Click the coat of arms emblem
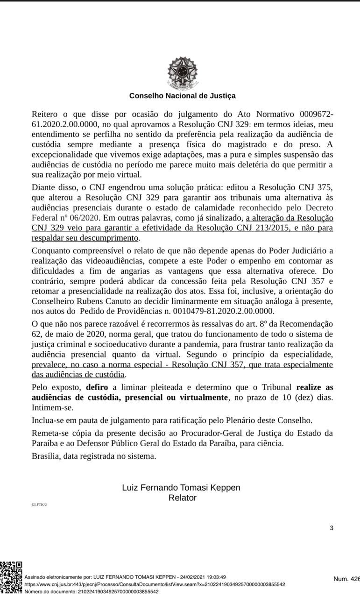183,73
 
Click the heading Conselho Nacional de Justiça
183,96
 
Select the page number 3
332,528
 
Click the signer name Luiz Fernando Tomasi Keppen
181,488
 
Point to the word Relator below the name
182,498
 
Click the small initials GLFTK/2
39,505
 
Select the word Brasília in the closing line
45,456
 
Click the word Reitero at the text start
46,114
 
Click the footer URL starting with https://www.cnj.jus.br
155,584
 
